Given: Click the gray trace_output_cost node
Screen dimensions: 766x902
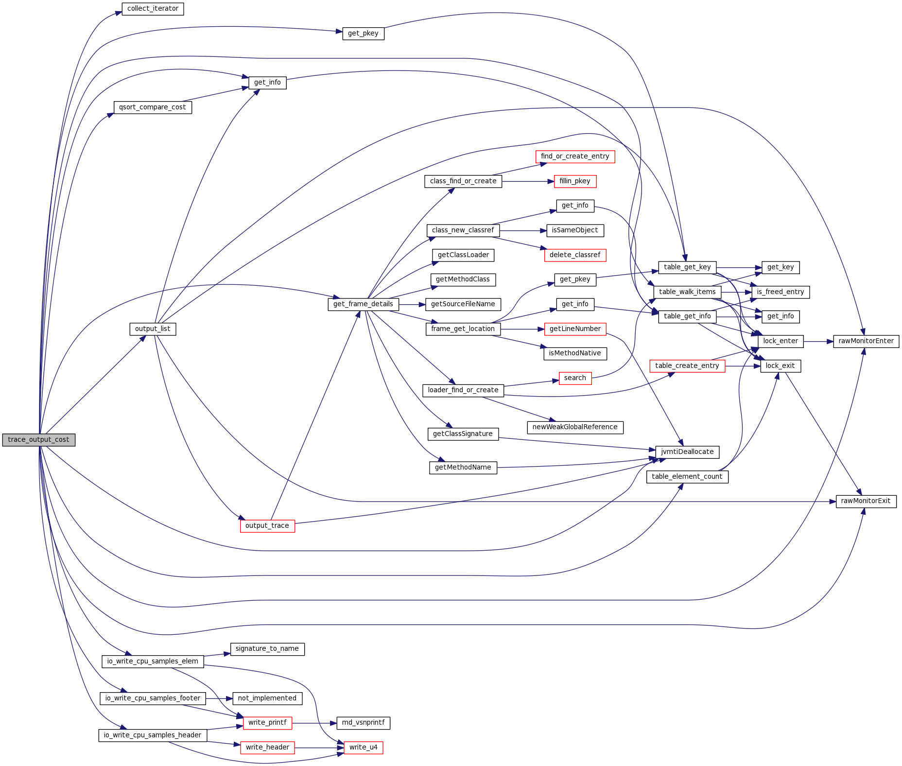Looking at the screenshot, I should [39, 440].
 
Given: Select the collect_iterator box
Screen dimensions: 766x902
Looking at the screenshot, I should [153, 9].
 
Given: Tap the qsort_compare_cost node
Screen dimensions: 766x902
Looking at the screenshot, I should [153, 107].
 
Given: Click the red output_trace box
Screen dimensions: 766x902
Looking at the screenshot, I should [267, 526].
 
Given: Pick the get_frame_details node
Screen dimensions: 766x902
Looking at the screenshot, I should [364, 304].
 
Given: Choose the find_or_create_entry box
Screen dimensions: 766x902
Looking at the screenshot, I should [575, 157].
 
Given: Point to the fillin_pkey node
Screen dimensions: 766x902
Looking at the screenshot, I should [575, 181].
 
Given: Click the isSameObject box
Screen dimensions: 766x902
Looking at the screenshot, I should [575, 230].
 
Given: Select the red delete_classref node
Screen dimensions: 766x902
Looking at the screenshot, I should [575, 255].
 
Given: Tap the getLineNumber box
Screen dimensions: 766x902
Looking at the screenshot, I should [575, 329].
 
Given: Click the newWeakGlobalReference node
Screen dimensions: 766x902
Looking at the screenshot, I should [575, 427].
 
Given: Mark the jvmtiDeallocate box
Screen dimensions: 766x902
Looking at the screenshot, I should [687, 452].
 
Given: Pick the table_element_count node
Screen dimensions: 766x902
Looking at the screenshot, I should [687, 477].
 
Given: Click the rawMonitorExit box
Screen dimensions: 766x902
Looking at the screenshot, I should [866, 501].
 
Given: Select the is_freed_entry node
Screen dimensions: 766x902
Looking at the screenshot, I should [781, 292].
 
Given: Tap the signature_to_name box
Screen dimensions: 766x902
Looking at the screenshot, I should [267, 649].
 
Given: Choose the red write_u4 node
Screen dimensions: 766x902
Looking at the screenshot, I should [364, 748].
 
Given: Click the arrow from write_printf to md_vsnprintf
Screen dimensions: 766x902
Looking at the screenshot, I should [314, 723].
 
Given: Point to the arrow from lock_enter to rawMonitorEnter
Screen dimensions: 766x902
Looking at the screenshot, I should [818, 342].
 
